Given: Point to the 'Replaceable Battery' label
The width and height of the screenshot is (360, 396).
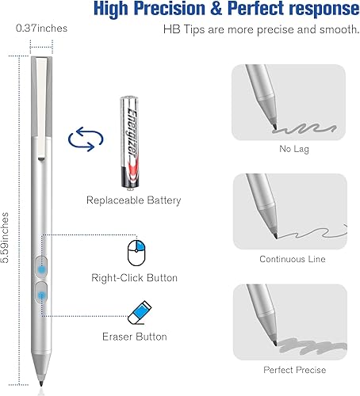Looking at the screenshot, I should [133, 200].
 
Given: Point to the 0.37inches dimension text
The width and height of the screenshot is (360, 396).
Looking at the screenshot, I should [41, 29].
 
